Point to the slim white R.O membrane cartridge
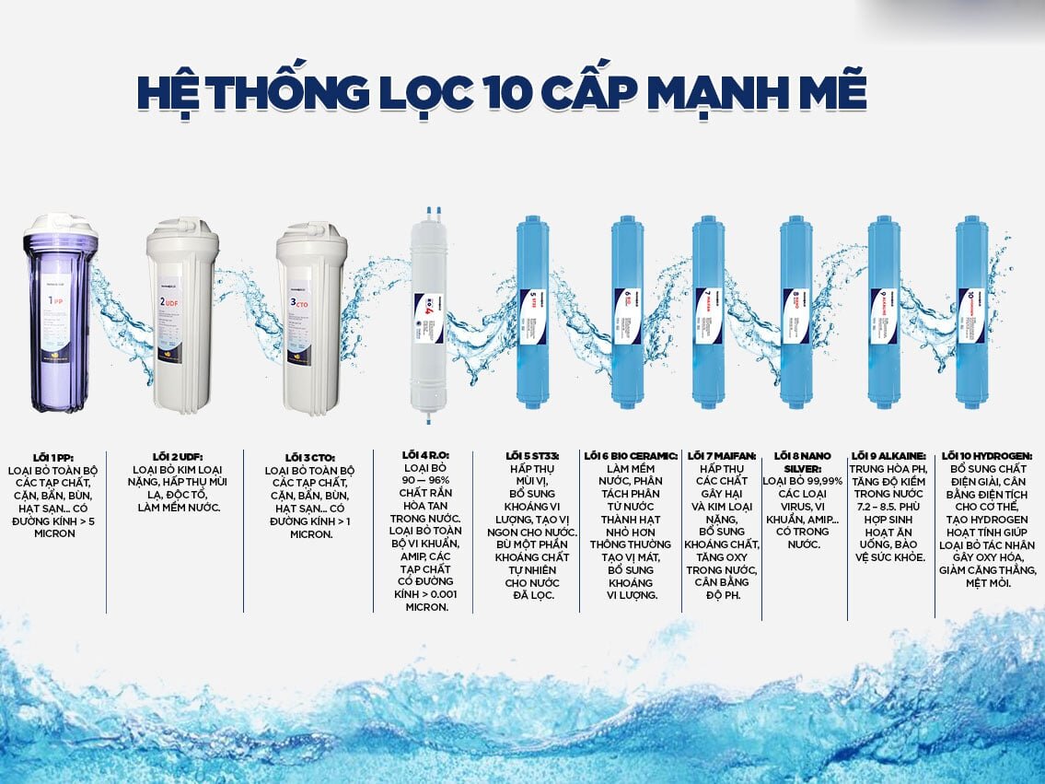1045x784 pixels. click(x=429, y=313)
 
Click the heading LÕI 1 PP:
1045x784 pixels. click(x=52, y=457)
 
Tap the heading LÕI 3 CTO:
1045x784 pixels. click(x=309, y=457)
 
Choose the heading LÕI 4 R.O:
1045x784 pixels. click(x=424, y=455)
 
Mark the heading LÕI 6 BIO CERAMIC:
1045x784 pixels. click(x=631, y=455)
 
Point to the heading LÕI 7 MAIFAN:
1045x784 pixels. click(x=722, y=455)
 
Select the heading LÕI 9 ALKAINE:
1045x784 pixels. click(x=888, y=455)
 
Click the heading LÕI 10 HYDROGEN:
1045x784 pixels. click(x=987, y=455)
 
